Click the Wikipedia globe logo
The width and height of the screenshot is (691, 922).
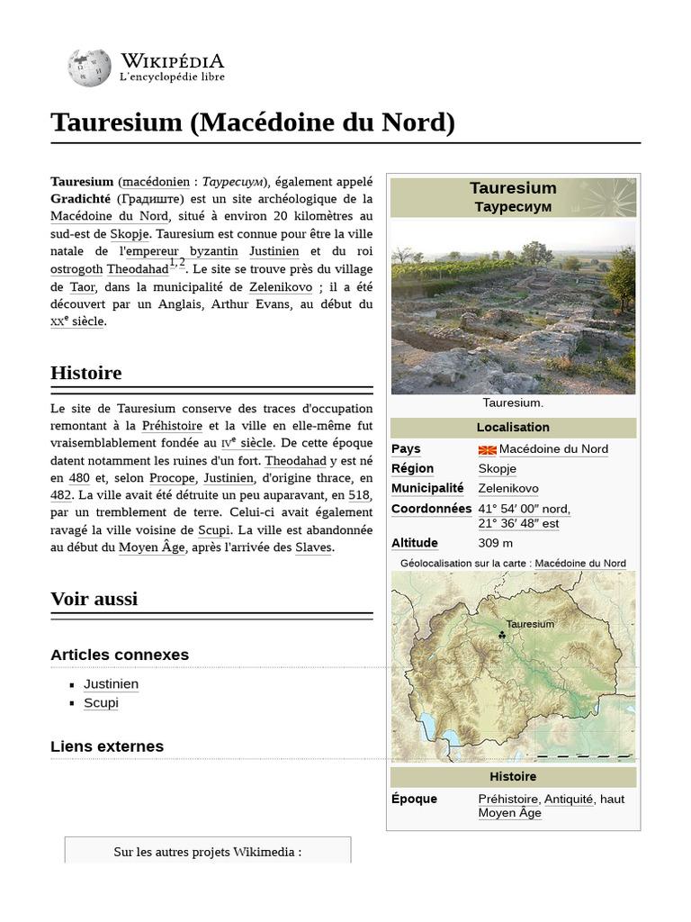89,68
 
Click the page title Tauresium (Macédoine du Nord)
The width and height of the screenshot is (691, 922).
252,122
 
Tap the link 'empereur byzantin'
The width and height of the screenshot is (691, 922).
181,251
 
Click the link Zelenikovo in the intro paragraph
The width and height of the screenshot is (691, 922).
281,286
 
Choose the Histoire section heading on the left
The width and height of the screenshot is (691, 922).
86,373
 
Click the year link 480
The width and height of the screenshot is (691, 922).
79,478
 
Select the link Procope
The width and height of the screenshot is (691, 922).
171,478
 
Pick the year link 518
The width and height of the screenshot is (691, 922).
359,495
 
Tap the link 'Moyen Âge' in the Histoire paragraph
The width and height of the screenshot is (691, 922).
151,547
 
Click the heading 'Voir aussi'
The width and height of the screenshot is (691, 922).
94,599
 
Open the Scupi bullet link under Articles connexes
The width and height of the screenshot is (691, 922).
101,702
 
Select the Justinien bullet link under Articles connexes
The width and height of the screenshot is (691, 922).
111,683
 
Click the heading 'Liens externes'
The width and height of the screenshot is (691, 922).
107,746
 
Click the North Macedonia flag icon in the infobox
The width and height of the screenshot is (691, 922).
487,449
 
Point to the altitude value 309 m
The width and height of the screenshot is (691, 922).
496,543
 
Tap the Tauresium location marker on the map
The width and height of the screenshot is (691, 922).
502,636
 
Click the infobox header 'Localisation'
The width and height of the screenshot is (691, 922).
513,427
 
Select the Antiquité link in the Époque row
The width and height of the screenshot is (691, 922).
568,799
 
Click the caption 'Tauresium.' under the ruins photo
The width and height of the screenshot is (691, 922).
513,402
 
